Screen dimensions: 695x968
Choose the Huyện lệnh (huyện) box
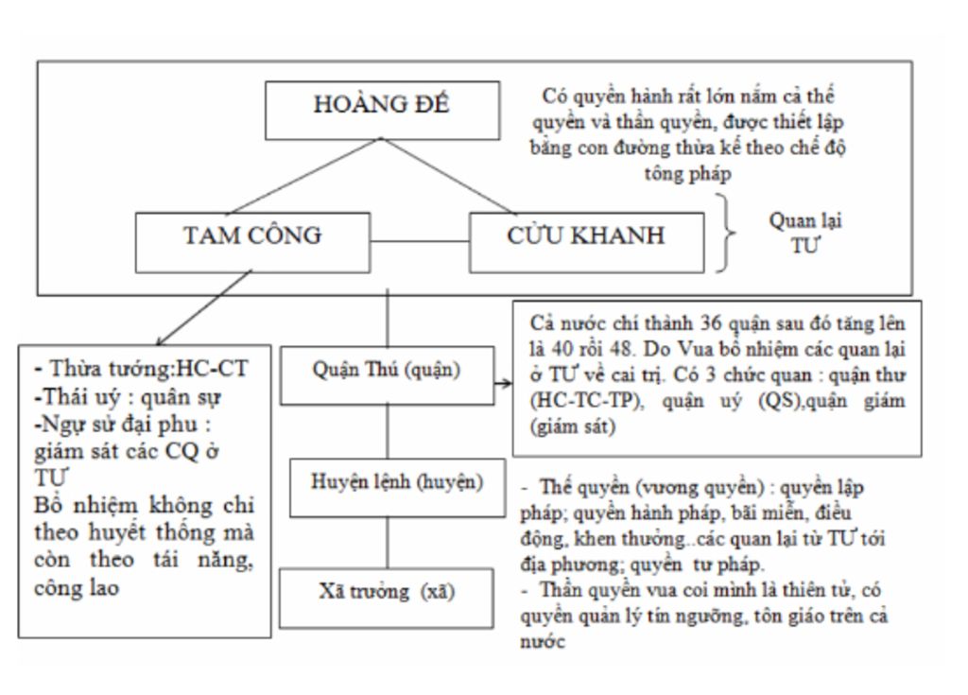[397, 483]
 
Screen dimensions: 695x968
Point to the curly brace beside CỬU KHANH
[725, 234]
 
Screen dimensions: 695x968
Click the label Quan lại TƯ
[804, 232]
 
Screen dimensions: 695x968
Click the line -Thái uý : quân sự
[128, 397]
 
